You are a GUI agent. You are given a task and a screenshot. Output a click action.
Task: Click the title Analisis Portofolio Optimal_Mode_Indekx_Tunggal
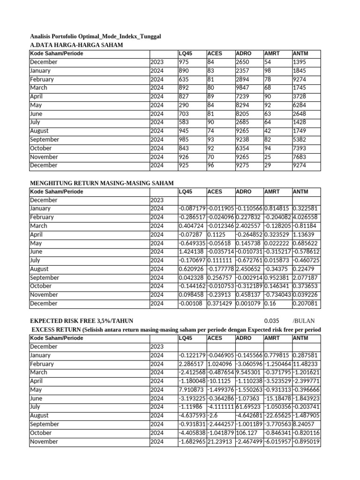96,36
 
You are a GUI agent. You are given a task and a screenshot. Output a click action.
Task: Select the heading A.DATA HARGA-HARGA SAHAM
76,45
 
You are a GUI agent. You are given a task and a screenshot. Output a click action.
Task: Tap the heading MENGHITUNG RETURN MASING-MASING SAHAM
102,183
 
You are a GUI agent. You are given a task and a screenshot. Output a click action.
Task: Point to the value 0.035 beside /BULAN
271,321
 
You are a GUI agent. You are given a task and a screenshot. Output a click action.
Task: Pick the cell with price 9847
244,88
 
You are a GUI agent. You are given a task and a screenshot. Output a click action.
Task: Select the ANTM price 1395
300,62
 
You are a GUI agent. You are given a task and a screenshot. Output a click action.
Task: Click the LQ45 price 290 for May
184,105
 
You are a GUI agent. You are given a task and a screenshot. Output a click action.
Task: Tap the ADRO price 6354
244,148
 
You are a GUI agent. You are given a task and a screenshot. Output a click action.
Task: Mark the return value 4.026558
306,217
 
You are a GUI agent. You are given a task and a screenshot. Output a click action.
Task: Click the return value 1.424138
192,252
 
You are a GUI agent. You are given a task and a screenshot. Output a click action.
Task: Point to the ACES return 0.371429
220,303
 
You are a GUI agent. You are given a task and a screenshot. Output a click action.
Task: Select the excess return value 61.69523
249,407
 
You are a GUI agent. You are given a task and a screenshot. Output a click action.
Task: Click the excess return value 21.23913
220,442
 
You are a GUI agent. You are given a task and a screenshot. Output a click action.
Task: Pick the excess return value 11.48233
306,364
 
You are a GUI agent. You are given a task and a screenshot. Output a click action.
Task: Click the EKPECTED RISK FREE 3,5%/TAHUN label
82,321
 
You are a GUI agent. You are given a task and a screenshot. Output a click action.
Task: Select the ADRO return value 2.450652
249,269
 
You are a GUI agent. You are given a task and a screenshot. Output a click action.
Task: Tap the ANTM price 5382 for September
300,139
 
